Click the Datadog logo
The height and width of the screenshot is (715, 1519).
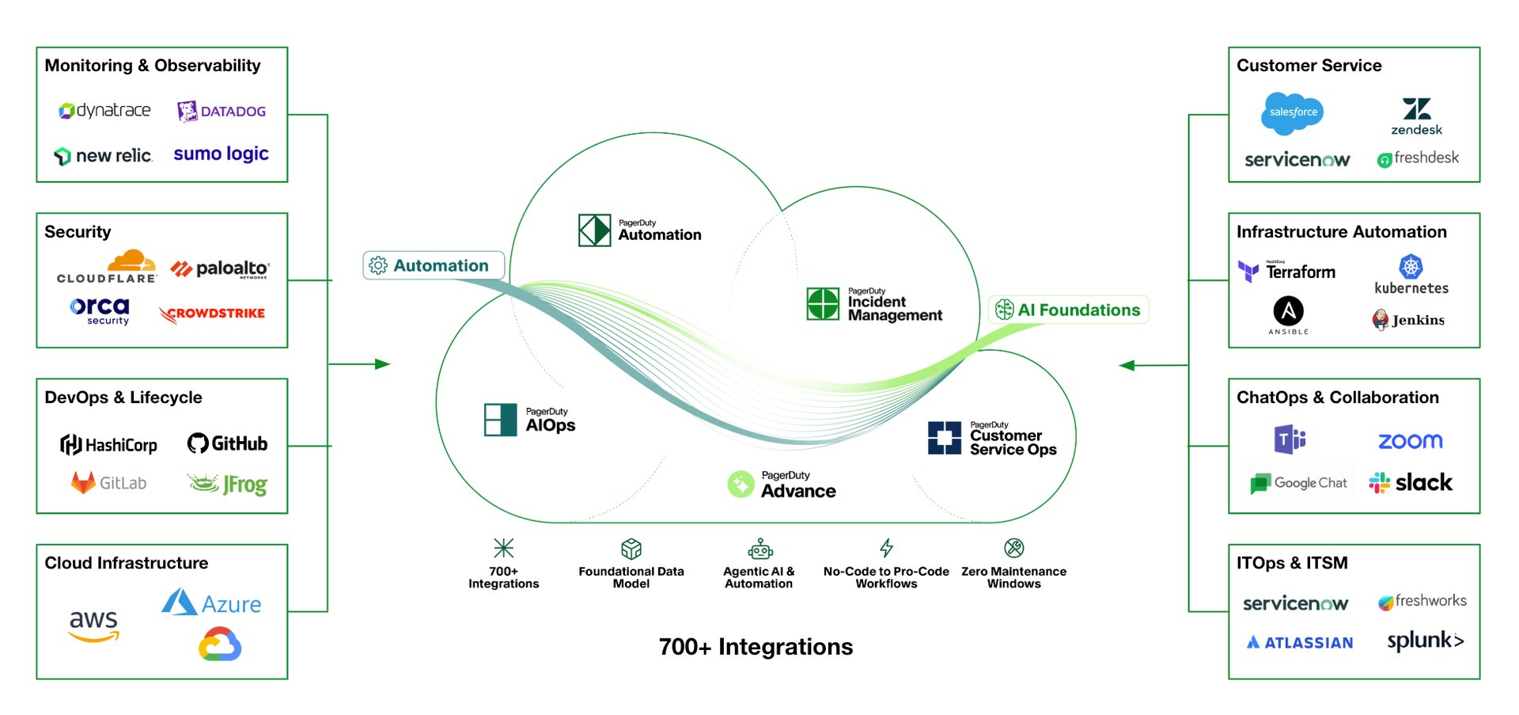(x=222, y=111)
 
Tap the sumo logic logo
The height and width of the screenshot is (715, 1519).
(x=221, y=154)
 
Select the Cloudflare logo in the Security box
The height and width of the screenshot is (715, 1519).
(x=108, y=268)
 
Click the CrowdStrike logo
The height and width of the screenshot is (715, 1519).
(x=212, y=314)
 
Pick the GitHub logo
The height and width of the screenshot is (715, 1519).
(x=227, y=443)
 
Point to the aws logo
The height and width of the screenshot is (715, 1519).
(x=93, y=624)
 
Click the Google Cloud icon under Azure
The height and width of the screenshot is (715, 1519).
(x=220, y=645)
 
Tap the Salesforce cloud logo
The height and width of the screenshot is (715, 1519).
(x=1292, y=112)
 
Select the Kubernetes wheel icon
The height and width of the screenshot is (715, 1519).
(x=1411, y=267)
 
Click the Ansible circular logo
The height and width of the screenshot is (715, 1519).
(x=1288, y=311)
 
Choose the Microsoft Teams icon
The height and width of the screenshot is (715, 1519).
(x=1290, y=439)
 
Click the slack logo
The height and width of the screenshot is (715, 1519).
(x=1411, y=483)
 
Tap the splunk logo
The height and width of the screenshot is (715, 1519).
(x=1425, y=641)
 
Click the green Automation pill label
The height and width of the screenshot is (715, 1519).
(x=433, y=265)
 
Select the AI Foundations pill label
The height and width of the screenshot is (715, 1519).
(x=1068, y=310)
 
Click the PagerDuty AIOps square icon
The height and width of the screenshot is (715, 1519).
(x=500, y=420)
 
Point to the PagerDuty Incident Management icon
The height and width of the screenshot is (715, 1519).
(x=823, y=304)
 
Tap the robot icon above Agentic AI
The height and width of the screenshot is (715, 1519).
(x=759, y=548)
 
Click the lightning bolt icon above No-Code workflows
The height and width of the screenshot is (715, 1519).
(x=886, y=547)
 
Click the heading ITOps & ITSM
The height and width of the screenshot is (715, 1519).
(x=1292, y=563)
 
